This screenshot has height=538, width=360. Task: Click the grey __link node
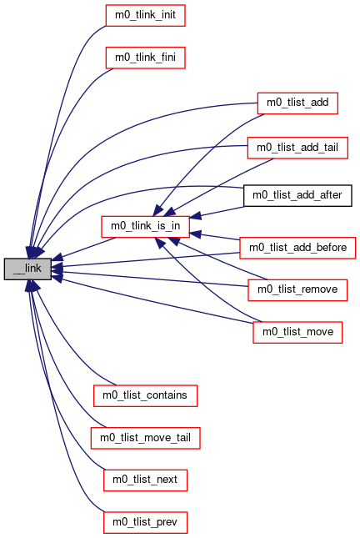[x=27, y=269]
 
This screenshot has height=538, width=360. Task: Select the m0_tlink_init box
[x=145, y=16]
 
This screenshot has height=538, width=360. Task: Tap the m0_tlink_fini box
[x=145, y=58]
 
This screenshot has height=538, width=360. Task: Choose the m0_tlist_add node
[x=297, y=103]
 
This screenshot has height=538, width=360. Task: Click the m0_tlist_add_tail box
[x=297, y=148]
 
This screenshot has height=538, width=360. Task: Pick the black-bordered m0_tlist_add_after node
[x=297, y=195]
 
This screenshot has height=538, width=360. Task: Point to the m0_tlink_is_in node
[x=145, y=226]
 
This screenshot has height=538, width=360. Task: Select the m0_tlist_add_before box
[x=297, y=248]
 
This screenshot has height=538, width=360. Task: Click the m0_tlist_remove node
[x=297, y=290]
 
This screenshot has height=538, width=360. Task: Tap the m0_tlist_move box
[x=297, y=333]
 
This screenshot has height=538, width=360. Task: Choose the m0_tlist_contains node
[x=145, y=396]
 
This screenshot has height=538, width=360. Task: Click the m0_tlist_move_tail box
[x=145, y=438]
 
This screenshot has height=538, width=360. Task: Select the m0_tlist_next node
[x=145, y=480]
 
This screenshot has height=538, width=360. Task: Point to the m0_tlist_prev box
[x=145, y=522]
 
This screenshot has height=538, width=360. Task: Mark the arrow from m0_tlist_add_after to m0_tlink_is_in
[x=217, y=212]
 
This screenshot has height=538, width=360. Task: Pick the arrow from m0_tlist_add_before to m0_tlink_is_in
[x=214, y=236]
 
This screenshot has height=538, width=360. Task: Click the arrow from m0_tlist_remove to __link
[x=150, y=279]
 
